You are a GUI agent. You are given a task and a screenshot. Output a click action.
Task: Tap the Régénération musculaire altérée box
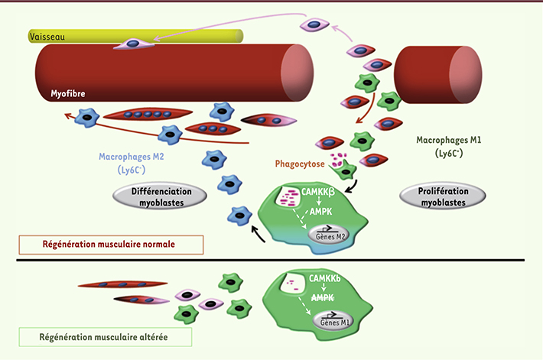tap(103, 337)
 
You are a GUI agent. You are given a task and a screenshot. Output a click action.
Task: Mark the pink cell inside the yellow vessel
tap(132, 44)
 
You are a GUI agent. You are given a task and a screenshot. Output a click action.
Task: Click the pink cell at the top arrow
tap(314, 25)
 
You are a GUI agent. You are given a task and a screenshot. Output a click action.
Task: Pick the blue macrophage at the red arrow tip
tap(87, 117)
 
